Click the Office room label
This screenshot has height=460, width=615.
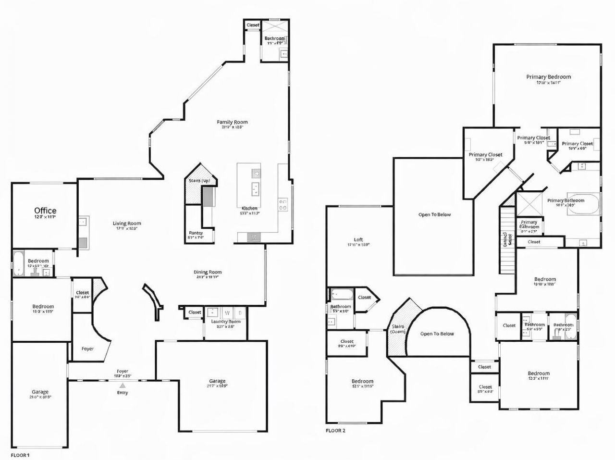[x=45, y=211]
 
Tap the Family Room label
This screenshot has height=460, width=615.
[x=232, y=122]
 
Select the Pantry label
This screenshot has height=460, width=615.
[x=196, y=233]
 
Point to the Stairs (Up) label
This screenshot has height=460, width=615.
[x=199, y=181]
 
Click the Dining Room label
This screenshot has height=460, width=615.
[x=208, y=272]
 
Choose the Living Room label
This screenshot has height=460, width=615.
[x=127, y=223]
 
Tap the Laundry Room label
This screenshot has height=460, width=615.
[x=225, y=322]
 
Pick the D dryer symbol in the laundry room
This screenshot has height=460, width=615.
[x=240, y=312]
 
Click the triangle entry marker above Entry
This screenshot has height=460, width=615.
[x=123, y=385]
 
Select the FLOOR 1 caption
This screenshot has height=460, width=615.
[x=20, y=454]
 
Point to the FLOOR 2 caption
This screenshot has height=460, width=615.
[x=335, y=430]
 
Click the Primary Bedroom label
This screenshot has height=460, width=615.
[x=548, y=77]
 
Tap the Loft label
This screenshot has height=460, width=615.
[x=358, y=239]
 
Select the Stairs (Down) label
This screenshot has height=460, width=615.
[x=398, y=329]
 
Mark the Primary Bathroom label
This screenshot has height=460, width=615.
[x=566, y=200]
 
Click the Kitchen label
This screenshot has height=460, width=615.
[x=249, y=208]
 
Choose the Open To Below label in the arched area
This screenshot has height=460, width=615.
[x=437, y=334]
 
